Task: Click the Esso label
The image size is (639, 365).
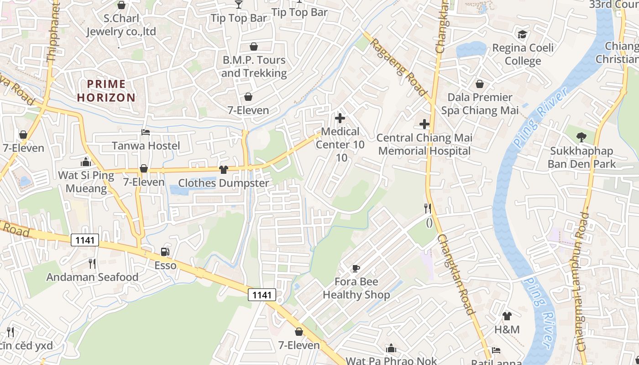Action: click(x=165, y=265)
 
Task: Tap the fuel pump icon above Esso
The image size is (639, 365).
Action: click(x=165, y=252)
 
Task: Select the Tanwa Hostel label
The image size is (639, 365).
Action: click(x=146, y=146)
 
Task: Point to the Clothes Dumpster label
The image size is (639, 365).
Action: click(x=223, y=183)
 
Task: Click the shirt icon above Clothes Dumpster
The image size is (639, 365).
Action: click(x=223, y=170)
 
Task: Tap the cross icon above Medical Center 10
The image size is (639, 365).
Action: click(x=340, y=118)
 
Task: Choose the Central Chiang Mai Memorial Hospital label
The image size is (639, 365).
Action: click(x=424, y=144)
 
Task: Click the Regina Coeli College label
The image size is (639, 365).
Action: click(x=523, y=54)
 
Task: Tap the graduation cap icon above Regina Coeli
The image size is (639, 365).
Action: click(x=522, y=34)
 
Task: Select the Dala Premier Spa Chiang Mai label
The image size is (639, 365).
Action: click(x=480, y=104)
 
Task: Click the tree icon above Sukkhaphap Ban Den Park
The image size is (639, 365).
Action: click(x=581, y=136)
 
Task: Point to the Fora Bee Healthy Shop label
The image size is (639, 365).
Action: click(x=356, y=288)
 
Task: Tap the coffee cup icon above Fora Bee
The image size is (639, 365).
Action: click(x=356, y=268)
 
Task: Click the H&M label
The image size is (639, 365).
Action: click(x=507, y=329)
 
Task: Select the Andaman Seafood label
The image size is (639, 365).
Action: click(x=92, y=277)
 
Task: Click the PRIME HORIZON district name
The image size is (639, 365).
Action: click(x=106, y=90)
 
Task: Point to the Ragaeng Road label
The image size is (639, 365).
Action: click(x=398, y=67)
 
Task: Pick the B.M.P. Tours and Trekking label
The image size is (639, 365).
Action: click(x=254, y=67)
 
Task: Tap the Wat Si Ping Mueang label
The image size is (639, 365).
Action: click(x=86, y=182)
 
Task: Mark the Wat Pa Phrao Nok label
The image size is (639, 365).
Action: click(x=391, y=360)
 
